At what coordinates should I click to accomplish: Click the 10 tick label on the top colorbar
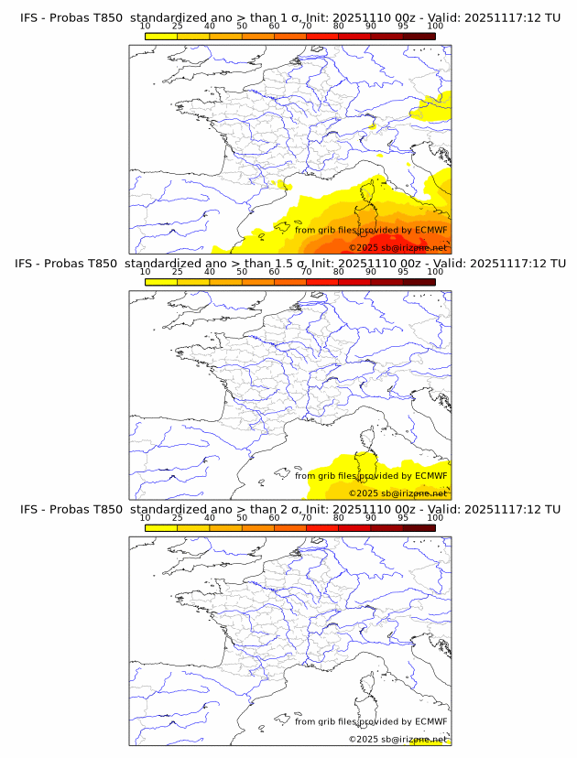point(146,26)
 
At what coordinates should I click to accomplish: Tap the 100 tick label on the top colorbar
point(435,26)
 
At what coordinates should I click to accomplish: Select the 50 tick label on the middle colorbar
point(242,272)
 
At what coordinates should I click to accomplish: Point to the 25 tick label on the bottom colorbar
point(178,517)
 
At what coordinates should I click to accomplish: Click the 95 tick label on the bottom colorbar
point(403,517)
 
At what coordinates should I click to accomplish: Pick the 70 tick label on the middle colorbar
point(306,272)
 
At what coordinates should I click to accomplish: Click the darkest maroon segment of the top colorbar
point(419,36)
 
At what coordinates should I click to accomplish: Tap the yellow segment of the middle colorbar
point(161,282)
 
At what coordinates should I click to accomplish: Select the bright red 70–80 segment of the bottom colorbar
point(322,527)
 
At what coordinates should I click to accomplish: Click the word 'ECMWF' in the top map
point(430,230)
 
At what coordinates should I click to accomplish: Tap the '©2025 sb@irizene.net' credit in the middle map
point(397,493)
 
